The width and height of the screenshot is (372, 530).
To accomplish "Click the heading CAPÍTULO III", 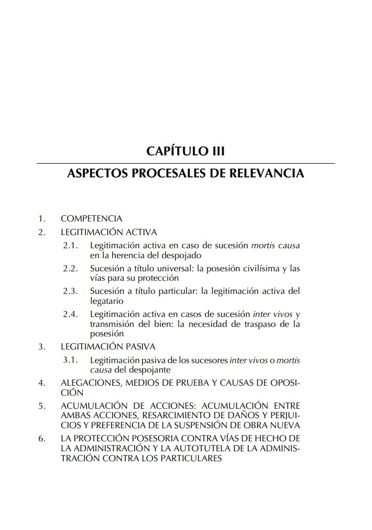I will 185,152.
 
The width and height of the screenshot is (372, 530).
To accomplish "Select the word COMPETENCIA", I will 92,218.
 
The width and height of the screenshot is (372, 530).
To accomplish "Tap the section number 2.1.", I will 70,245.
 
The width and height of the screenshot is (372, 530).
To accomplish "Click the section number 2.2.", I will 70,269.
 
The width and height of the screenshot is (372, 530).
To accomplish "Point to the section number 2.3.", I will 70,291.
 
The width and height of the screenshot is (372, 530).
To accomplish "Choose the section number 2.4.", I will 70,314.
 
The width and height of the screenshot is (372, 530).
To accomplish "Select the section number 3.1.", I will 70,361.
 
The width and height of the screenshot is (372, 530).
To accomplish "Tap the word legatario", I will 106,301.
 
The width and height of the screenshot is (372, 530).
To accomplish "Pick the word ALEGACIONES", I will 91,383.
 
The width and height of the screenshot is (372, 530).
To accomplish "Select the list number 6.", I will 42,438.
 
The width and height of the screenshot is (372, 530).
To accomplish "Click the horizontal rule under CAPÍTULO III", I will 185,163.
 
